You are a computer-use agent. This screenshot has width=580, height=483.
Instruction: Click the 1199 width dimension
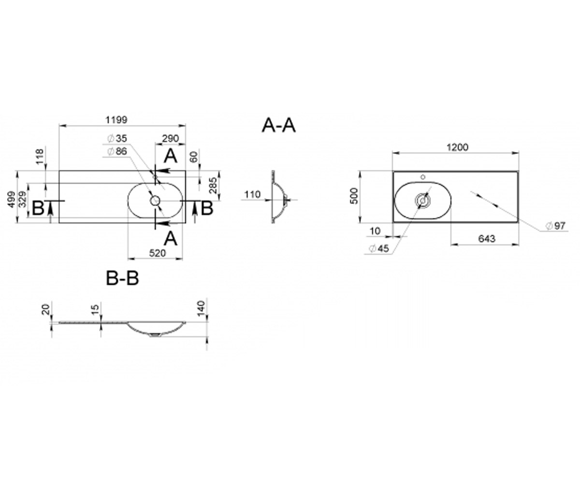click(x=116, y=120)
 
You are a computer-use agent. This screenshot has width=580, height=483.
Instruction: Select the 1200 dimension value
click(x=457, y=147)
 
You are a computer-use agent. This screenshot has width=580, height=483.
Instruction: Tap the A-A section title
click(x=278, y=126)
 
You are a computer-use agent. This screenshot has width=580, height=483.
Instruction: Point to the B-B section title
click(x=122, y=278)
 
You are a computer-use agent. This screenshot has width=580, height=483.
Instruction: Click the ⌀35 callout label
click(x=117, y=138)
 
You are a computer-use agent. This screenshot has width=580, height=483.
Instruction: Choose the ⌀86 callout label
click(x=117, y=151)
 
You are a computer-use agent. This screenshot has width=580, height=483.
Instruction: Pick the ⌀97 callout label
click(x=555, y=226)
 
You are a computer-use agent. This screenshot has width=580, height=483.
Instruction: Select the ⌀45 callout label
click(x=379, y=248)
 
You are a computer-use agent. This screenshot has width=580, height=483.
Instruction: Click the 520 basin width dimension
click(x=157, y=253)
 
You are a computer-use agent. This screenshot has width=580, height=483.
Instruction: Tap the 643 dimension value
click(x=487, y=239)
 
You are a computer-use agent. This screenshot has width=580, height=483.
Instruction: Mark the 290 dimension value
click(x=170, y=138)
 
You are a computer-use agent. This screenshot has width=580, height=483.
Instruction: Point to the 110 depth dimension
click(x=252, y=194)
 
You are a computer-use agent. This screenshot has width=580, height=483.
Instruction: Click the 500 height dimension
click(x=354, y=196)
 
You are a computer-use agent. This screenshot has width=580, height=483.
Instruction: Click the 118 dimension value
click(x=40, y=156)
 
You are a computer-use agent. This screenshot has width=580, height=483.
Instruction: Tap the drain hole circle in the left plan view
click(x=155, y=200)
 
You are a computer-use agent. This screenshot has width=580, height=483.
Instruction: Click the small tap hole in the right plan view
click(x=423, y=177)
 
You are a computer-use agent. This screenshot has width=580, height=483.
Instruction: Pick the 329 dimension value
click(x=23, y=199)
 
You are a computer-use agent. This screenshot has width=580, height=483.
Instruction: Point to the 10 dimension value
click(x=375, y=231)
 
